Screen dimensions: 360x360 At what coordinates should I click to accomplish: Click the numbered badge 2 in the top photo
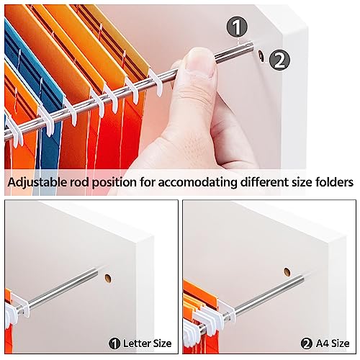[x=278, y=61]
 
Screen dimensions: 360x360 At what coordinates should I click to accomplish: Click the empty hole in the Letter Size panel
[x=109, y=278]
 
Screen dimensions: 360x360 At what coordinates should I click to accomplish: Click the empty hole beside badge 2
[x=260, y=56]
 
